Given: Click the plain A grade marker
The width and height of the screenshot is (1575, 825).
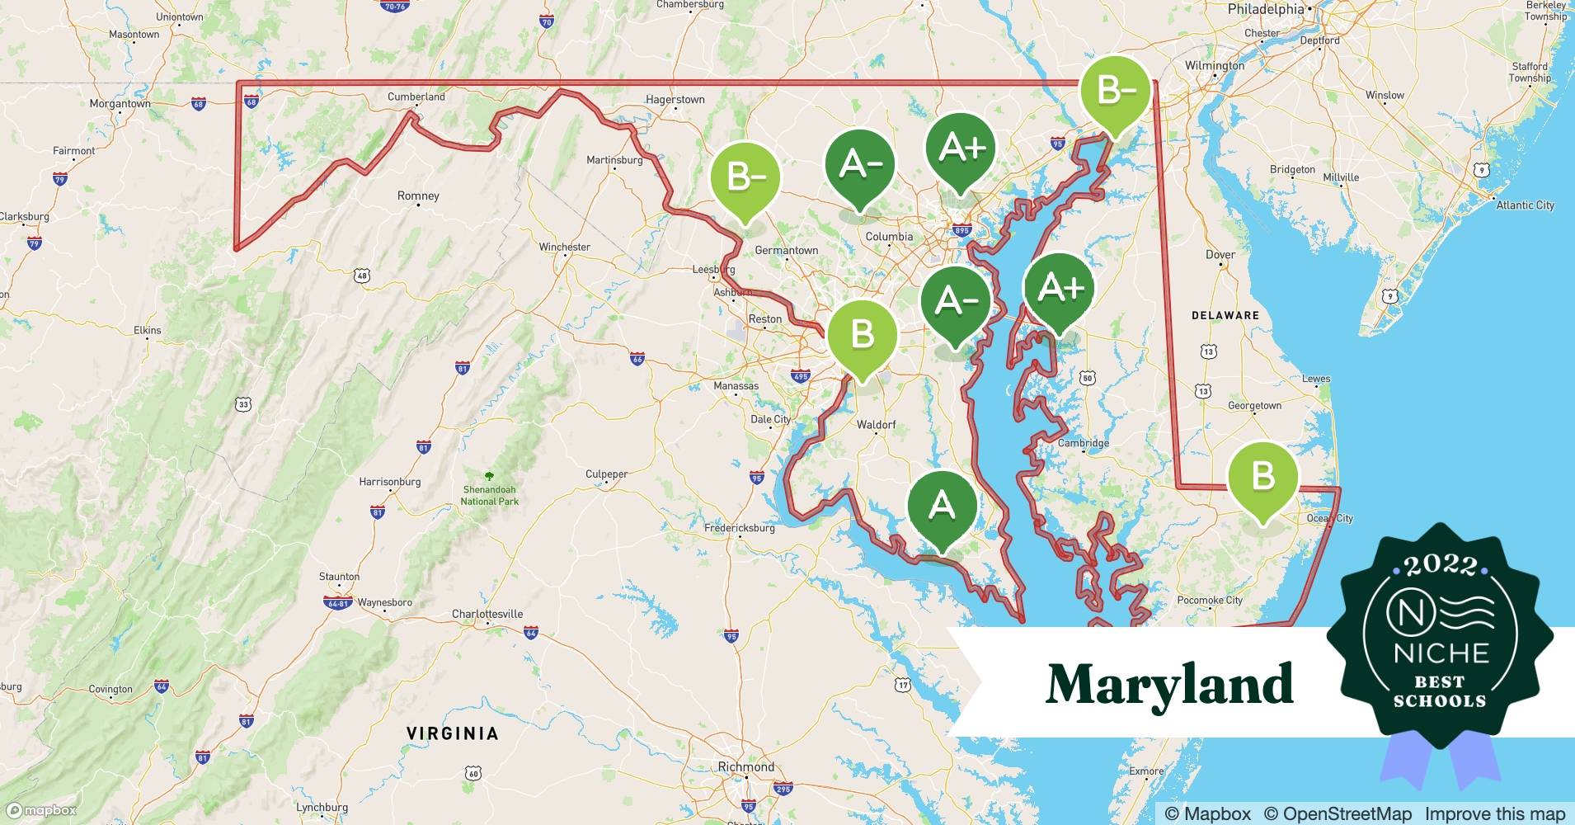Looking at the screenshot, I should (942, 505).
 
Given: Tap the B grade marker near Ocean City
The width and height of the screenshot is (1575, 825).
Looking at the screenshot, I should (1262, 477).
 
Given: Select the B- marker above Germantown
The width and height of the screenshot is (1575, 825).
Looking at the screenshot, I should (745, 177).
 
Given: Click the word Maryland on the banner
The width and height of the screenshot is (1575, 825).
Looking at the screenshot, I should (1169, 684).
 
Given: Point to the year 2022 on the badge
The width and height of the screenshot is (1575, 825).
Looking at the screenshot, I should (1440, 565).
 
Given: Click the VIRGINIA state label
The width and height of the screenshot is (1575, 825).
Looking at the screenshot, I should (453, 733).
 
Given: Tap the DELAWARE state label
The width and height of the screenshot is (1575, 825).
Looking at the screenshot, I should (1225, 315).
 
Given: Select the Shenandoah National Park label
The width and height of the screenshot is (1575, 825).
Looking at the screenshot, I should (490, 495).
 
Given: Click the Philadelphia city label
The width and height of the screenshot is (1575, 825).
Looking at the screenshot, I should (1266, 10).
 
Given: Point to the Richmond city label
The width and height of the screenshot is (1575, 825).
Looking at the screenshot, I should (746, 766).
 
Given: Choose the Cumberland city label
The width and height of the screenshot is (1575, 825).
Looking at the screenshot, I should (416, 97).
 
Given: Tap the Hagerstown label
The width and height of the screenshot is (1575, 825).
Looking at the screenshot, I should (675, 100).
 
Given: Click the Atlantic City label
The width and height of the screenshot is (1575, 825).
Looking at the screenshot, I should (1525, 205).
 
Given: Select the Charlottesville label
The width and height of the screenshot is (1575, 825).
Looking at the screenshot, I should (487, 614).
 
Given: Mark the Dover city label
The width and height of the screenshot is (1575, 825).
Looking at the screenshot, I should (1220, 254).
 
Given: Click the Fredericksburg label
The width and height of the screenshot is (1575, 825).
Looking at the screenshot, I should (740, 528).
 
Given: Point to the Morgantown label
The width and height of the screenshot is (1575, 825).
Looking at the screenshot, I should (120, 104).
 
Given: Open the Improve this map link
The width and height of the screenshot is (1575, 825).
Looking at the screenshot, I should (1494, 813).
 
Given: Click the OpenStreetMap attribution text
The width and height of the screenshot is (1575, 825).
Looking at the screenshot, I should (1338, 813).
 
